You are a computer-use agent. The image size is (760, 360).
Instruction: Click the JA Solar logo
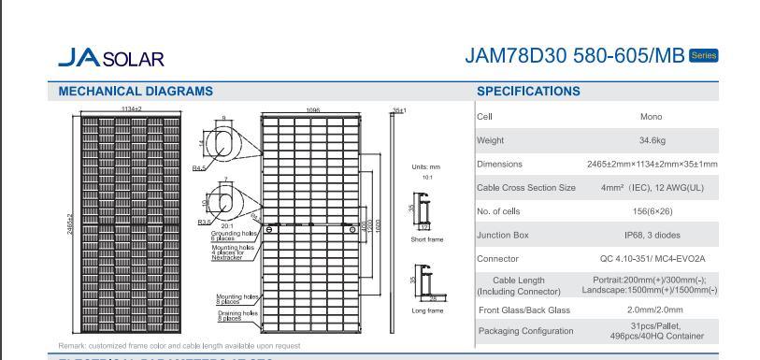(110, 58)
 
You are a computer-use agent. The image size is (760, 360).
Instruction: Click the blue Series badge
(703, 55)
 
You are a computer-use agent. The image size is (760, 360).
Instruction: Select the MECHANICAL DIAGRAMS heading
(136, 92)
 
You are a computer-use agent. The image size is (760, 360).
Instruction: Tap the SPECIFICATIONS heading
(528, 92)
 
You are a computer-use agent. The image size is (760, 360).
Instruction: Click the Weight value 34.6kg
(652, 140)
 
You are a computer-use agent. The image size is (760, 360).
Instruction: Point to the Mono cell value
(652, 117)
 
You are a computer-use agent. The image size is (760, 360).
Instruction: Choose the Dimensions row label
(500, 165)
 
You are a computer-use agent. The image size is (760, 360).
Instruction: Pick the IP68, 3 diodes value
(652, 235)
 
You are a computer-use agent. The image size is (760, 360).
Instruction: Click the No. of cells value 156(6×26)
(652, 211)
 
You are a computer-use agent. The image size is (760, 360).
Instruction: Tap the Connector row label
(497, 259)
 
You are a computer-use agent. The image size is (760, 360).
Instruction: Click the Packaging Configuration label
(525, 331)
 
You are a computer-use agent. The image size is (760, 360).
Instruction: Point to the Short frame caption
(427, 240)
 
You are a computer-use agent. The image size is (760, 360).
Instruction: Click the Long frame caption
(427, 310)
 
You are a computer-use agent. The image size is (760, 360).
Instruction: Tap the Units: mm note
(425, 167)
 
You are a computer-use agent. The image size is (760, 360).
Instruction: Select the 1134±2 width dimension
(132, 109)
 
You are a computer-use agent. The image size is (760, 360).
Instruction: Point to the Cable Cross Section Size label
(526, 188)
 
